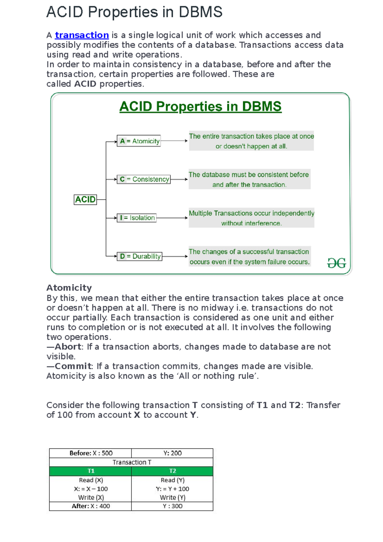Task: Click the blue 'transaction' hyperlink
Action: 82,35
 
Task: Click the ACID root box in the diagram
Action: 85,199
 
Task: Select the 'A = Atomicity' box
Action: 139,141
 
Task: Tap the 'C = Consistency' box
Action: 144,179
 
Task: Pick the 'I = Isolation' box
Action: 137,218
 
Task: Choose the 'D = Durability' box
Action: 140,256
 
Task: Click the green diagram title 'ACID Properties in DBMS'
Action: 200,107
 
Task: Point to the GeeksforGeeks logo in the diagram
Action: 336,263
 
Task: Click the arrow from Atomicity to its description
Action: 174,141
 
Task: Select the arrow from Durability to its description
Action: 175,256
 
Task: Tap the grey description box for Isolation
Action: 252,218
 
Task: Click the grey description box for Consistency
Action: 249,179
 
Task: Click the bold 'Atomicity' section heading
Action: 69,288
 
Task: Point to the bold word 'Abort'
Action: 68,347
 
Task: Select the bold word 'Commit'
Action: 73,366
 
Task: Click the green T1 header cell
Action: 91,471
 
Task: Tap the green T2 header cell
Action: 172,471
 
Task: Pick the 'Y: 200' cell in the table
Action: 172,453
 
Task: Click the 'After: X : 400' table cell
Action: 91,506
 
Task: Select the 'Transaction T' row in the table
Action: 131,462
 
